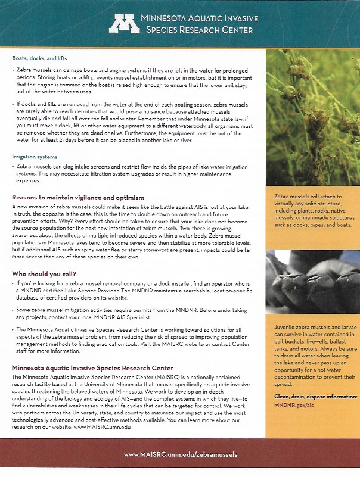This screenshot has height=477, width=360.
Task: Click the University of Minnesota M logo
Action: click(123, 23)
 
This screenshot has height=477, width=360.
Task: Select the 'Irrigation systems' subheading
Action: click(35, 157)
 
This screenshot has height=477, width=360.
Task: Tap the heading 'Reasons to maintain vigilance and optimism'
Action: click(78, 197)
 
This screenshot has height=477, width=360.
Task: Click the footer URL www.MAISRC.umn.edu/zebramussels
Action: click(180, 454)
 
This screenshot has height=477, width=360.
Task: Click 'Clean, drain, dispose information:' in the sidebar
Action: click(315, 396)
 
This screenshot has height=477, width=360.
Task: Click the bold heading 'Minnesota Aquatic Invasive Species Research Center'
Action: click(92, 369)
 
